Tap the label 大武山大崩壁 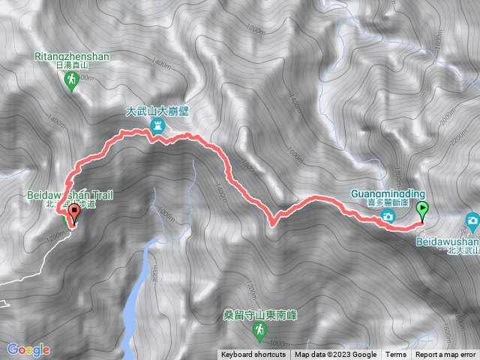pyautogui.click(x=157, y=110)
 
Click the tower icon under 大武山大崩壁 pyautogui.click(x=158, y=127)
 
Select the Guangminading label pyautogui.click(x=387, y=193)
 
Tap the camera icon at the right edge pyautogui.click(x=472, y=220)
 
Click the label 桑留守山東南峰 pyautogui.click(x=260, y=314)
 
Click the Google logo pyautogui.click(x=28, y=349)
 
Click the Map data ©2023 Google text pyautogui.click(x=335, y=355)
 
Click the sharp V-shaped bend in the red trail pyautogui.click(x=271, y=222)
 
